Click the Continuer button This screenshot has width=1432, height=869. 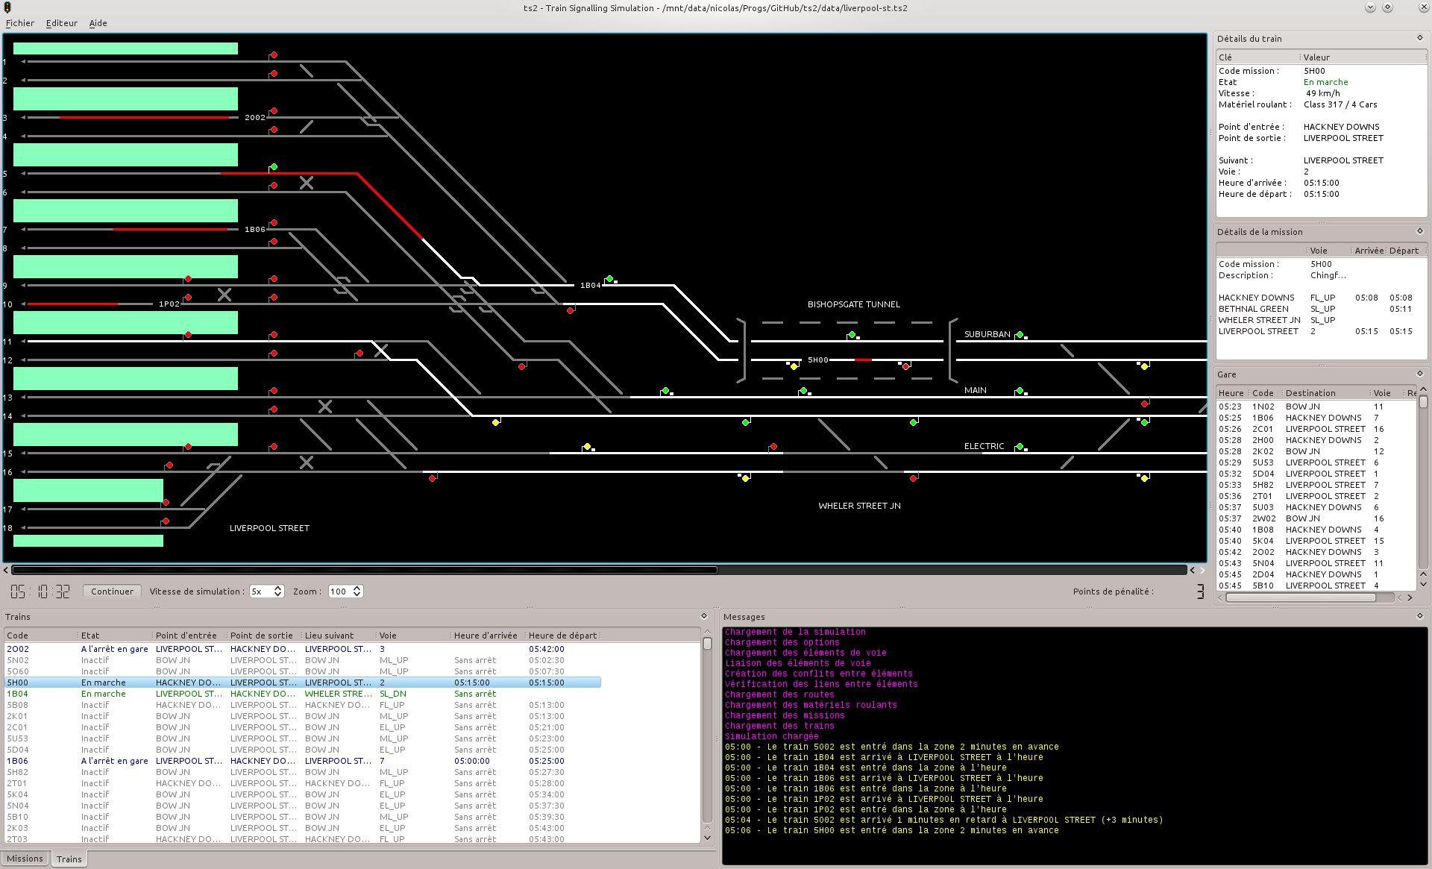(112, 592)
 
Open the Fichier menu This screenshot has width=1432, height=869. (20, 23)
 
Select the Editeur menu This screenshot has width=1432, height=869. (62, 23)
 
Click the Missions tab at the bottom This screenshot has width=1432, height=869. (25, 859)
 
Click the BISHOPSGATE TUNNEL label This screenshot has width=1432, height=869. (853, 304)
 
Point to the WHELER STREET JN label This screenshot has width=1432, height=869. (859, 506)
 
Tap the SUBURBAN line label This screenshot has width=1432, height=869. (987, 334)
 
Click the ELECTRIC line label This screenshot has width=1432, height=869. (984, 446)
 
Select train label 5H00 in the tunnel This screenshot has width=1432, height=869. (817, 360)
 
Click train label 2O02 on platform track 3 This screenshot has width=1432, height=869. (254, 118)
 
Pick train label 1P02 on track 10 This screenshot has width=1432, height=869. (169, 304)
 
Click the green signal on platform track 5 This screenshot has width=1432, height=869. (274, 167)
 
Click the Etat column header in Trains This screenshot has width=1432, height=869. (90, 636)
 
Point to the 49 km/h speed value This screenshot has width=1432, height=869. (1322, 93)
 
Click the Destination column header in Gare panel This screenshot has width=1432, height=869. (1310, 393)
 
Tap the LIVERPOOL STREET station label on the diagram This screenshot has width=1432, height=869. (269, 528)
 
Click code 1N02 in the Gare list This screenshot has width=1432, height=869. (1263, 407)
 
